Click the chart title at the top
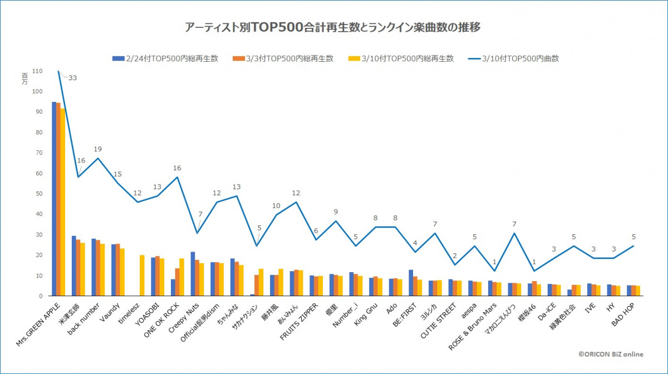[x=333, y=27]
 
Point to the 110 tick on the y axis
[x=37, y=71]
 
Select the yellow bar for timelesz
[x=142, y=275]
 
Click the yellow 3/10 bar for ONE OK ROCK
[x=181, y=277]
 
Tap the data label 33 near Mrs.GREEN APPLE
[x=72, y=78]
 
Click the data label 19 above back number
[x=97, y=149]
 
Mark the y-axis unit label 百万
[x=24, y=78]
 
